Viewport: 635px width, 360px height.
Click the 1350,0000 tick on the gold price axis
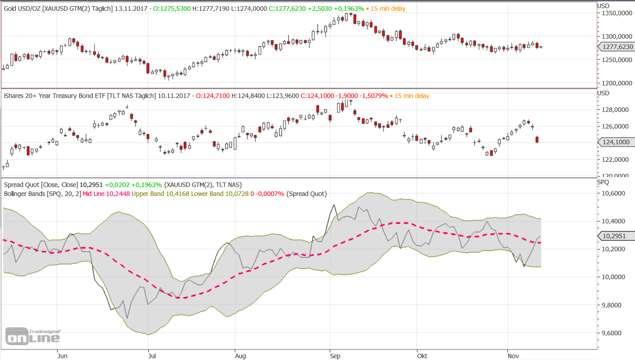pyautogui.click(x=616, y=13)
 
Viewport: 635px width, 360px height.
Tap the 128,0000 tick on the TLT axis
pyautogui.click(x=615, y=110)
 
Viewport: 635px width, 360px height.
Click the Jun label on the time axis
pyautogui.click(x=63, y=356)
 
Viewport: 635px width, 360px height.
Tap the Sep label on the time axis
pyautogui.click(x=335, y=356)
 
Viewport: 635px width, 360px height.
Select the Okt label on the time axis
pyautogui.click(x=422, y=356)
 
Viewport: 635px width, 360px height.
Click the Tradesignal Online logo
pyautogui.click(x=32, y=336)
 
